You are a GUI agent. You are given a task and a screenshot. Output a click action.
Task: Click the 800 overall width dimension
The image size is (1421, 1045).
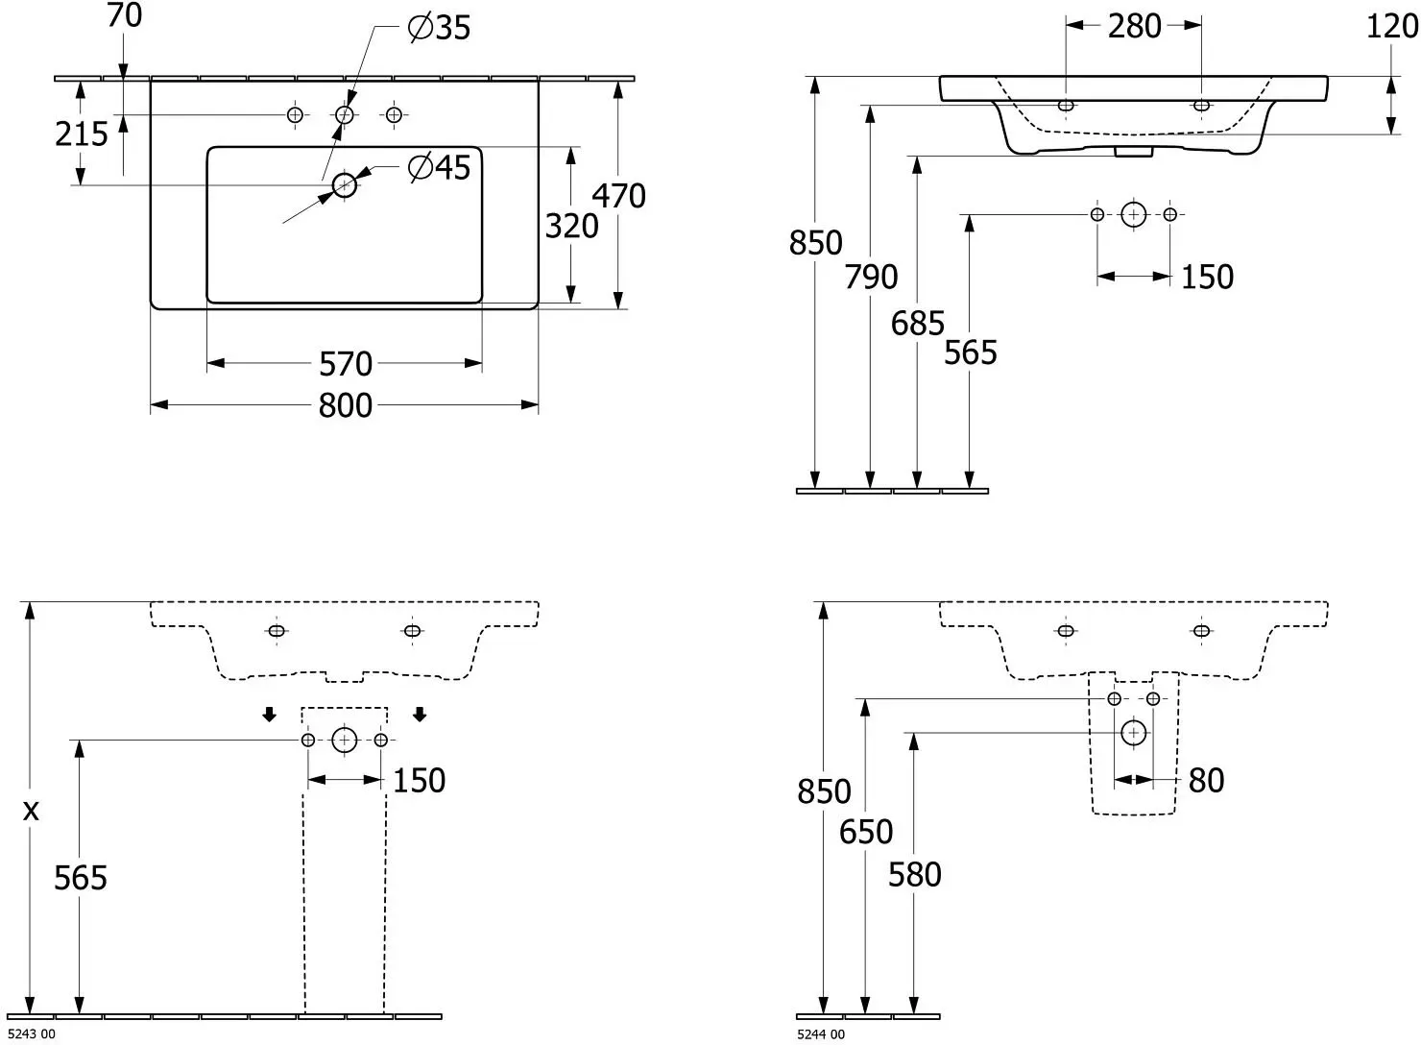[345, 405]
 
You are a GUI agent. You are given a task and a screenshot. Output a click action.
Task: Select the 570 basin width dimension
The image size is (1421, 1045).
[345, 364]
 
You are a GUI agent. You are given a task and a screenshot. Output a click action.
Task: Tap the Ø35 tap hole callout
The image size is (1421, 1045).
[439, 28]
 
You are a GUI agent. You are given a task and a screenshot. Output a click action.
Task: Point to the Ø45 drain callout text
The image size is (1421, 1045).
[439, 167]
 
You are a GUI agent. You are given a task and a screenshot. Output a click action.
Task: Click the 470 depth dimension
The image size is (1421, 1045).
[618, 195]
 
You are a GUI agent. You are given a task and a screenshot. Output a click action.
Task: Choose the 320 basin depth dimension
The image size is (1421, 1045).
[571, 227]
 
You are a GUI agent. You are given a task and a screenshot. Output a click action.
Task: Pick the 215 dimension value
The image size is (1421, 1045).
[82, 134]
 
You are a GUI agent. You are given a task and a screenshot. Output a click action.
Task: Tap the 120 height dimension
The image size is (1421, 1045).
[1392, 27]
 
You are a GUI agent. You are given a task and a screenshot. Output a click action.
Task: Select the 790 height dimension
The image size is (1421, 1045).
[870, 278]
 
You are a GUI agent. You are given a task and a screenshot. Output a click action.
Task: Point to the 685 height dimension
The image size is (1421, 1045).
[917, 324]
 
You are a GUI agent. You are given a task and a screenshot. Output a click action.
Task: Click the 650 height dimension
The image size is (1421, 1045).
[866, 832]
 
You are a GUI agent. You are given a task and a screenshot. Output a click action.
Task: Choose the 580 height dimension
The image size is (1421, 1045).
[914, 875]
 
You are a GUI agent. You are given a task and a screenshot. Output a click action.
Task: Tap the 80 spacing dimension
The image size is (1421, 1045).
[1206, 781]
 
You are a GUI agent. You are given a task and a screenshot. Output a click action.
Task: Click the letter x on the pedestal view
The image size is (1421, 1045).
[31, 811]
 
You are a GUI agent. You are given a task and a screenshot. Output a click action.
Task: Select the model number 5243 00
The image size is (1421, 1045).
[31, 1034]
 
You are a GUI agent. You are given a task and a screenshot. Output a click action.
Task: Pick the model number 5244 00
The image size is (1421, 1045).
[821, 1034]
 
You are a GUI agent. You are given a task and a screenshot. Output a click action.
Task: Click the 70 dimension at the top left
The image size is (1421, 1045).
[125, 15]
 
